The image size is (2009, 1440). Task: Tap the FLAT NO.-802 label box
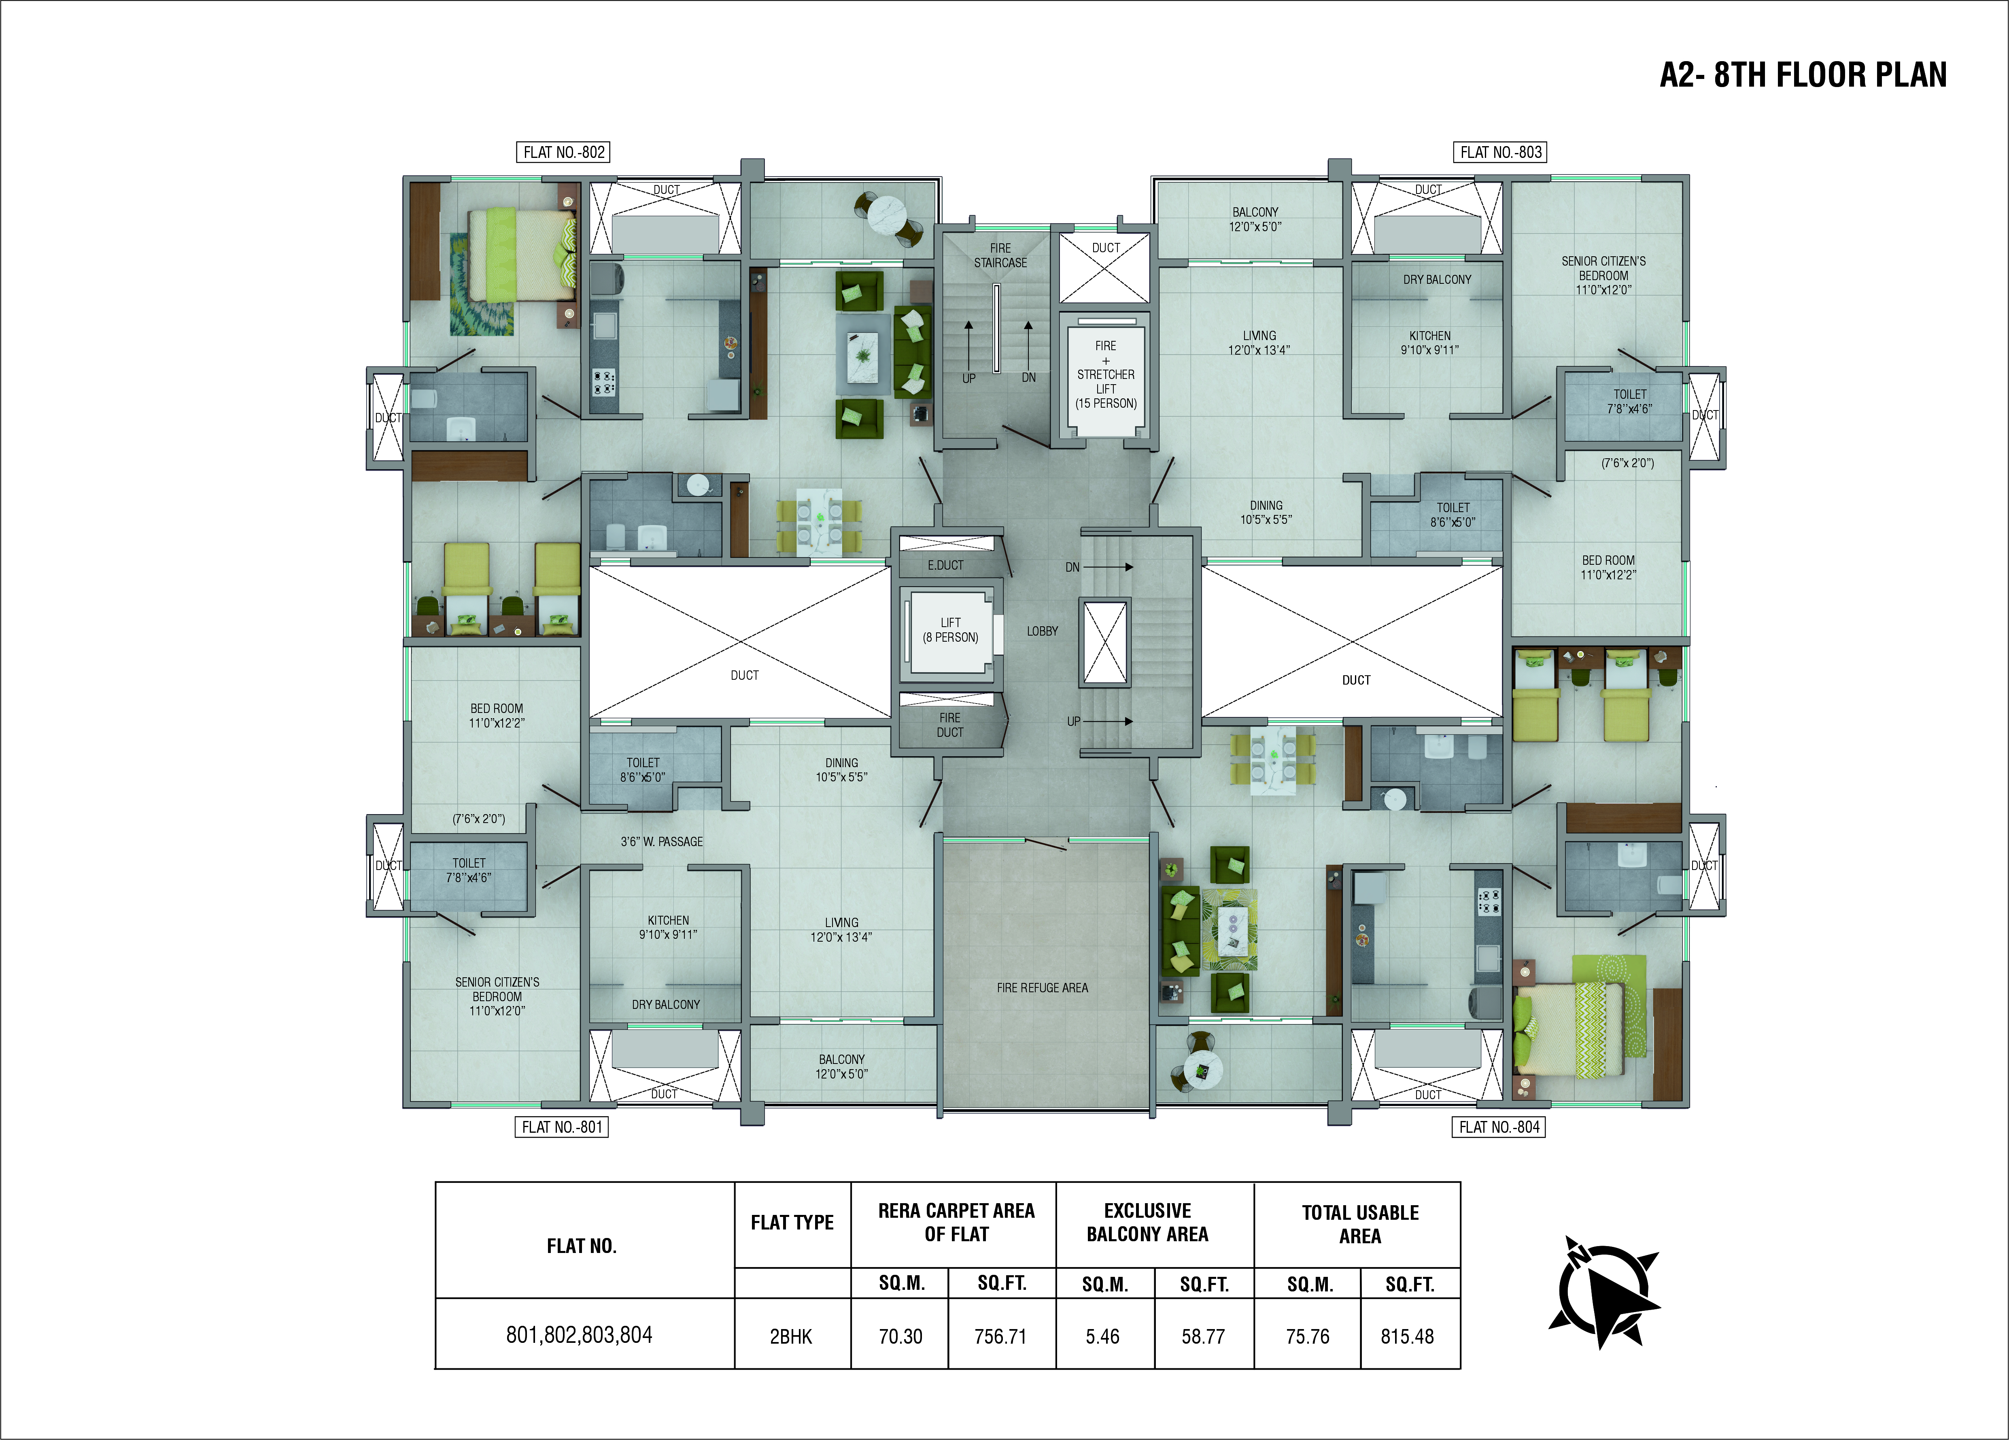[x=563, y=151]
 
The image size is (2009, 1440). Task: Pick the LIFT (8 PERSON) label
[x=950, y=630]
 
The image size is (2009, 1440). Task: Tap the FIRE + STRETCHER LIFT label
[x=1106, y=374]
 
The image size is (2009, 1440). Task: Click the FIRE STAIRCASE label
[x=1000, y=255]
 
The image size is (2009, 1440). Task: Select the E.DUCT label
[x=945, y=564]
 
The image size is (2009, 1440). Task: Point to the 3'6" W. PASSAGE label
[x=662, y=841]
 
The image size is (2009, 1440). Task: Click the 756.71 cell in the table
[x=1001, y=1336]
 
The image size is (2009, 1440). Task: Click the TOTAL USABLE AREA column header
[x=1360, y=1224]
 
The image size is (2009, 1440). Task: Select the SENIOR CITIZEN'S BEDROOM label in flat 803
[x=1603, y=275]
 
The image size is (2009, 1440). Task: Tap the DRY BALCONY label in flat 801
[x=665, y=1004]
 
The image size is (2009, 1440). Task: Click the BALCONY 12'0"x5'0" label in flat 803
[x=1255, y=219]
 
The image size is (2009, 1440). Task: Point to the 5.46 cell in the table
[x=1103, y=1336]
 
